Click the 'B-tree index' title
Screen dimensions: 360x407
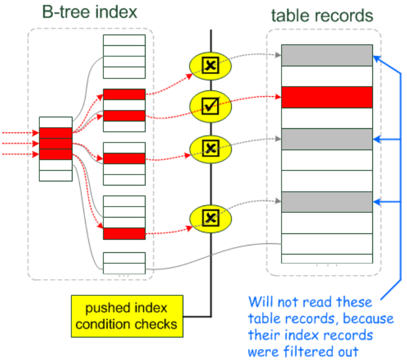coord(90,12)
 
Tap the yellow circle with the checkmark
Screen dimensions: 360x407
coord(210,107)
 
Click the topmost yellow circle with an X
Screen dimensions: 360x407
coord(210,66)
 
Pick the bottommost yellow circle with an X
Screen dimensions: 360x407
coord(210,217)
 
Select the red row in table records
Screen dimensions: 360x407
coord(327,97)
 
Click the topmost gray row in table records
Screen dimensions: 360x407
coord(327,55)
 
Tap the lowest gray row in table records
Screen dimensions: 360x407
coord(327,202)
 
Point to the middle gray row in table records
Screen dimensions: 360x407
coord(327,139)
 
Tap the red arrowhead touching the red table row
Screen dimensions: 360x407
coord(278,97)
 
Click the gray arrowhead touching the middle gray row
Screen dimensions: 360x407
coord(278,139)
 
